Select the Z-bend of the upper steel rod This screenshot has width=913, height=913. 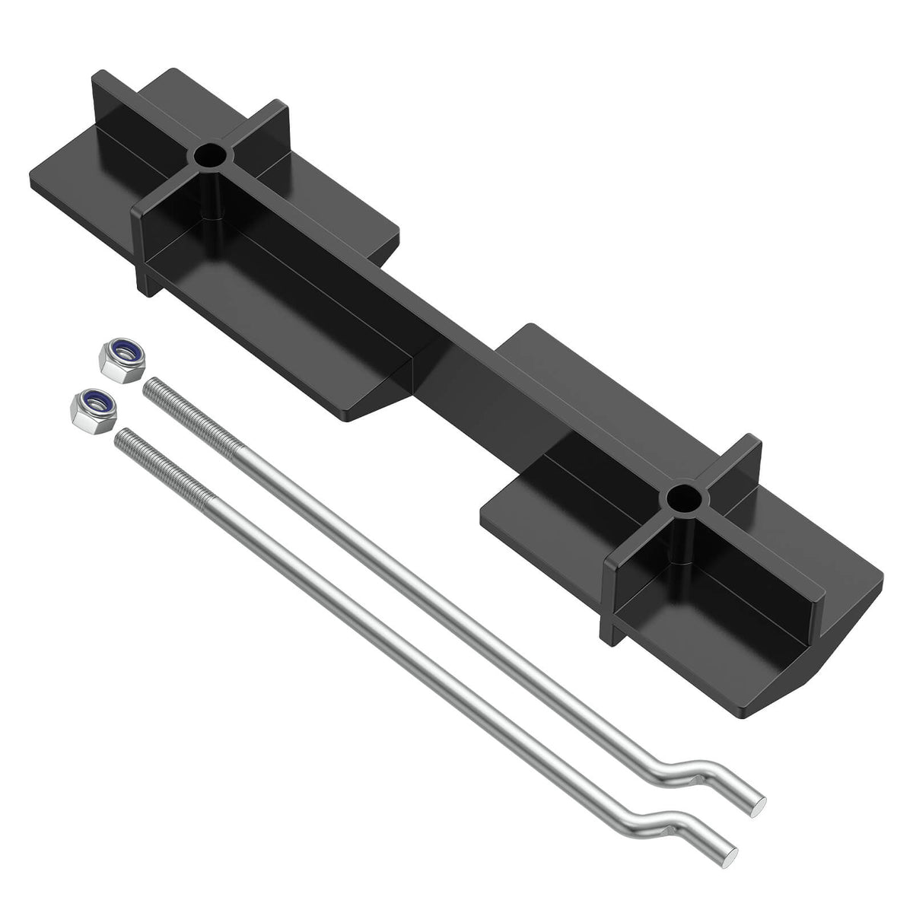689,768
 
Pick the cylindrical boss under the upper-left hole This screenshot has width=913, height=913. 211,202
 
